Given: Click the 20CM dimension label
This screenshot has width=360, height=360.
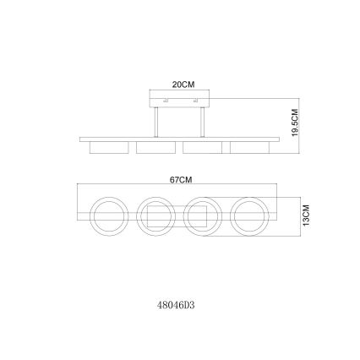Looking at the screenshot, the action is (x=183, y=85).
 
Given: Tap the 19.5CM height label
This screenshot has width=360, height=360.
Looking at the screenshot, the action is (x=295, y=123).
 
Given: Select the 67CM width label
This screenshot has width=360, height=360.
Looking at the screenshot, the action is (x=181, y=180).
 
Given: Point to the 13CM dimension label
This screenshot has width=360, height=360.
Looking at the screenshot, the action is (x=306, y=215).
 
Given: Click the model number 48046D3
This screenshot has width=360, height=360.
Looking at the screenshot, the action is (x=176, y=305).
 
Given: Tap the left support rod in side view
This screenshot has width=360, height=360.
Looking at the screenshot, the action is (x=155, y=123).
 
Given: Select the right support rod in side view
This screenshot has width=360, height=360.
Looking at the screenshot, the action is (x=202, y=123).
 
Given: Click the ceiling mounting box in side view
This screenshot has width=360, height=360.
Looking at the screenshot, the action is (x=179, y=99).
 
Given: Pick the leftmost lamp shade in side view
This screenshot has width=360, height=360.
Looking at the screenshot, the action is (x=109, y=148).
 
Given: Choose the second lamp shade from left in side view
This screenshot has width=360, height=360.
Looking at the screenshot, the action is (x=155, y=148).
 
